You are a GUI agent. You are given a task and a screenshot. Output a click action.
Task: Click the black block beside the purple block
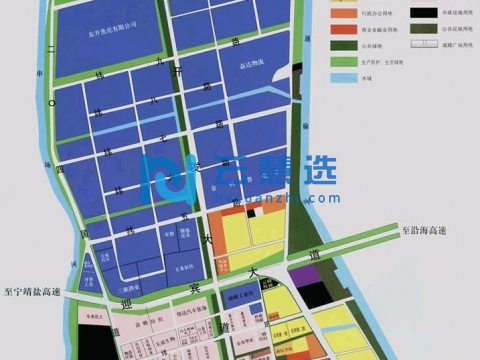[318, 293]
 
